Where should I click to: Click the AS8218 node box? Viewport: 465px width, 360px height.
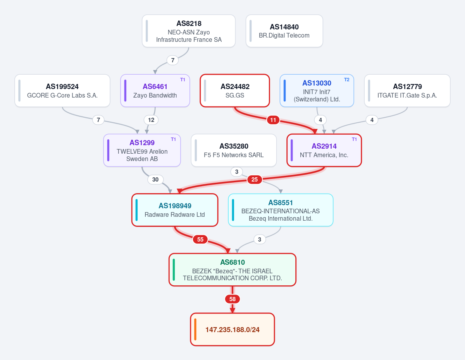tap(189, 31)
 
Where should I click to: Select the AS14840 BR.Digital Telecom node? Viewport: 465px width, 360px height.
tap(284, 31)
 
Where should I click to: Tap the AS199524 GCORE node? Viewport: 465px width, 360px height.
tap(62, 91)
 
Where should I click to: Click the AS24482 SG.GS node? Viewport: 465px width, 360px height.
tap(235, 91)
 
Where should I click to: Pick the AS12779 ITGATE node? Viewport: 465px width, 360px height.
tap(407, 91)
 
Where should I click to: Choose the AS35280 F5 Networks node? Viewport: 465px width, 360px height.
tap(234, 150)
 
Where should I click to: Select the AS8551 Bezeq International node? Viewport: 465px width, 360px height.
tap(281, 210)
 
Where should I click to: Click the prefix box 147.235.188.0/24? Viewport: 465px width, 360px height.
tap(232, 329)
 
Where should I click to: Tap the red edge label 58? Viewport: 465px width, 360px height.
tap(232, 299)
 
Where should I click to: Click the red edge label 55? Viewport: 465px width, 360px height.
tap(200, 240)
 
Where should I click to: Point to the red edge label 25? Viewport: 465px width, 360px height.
tap(255, 180)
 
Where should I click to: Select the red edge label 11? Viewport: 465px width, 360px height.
tap(273, 120)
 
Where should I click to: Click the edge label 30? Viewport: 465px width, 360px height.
tap(155, 180)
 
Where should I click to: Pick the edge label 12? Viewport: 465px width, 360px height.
tap(151, 120)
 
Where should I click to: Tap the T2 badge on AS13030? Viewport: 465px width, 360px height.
tap(347, 80)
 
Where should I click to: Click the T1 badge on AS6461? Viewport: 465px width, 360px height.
tap(183, 80)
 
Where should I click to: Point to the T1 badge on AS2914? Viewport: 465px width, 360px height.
tap(354, 139)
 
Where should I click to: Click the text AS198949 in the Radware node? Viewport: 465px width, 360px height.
tap(175, 206)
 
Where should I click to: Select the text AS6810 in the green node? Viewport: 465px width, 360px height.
tap(232, 262)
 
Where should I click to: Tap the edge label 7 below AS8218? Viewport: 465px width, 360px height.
tap(173, 60)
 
